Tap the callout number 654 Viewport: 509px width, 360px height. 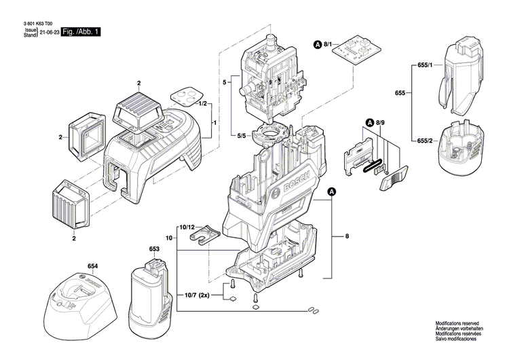(92, 266)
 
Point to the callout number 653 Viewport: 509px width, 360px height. (153, 249)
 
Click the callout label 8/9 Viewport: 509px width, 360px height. (381, 122)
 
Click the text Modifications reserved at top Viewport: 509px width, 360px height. (457, 323)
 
